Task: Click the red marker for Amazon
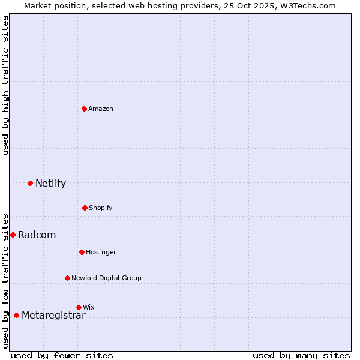coord(84,109)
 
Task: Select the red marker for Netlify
coord(30,183)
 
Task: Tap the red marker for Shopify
coord(85,208)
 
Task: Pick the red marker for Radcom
coord(13,235)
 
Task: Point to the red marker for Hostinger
coord(82,252)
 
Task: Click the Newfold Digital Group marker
coord(67,278)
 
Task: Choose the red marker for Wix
coord(79,307)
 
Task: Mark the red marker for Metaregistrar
coord(16,315)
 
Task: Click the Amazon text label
coord(101,109)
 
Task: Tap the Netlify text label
coord(50,183)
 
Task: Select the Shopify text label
coord(101,208)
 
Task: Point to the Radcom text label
coord(37,235)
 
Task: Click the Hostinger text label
coord(101,252)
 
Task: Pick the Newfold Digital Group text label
coord(106,278)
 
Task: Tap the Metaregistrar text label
coord(53,315)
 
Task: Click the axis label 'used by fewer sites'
coord(62,355)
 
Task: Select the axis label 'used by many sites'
coord(301,355)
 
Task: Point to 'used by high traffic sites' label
coord(5,85)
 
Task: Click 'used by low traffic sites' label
coord(5,280)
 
